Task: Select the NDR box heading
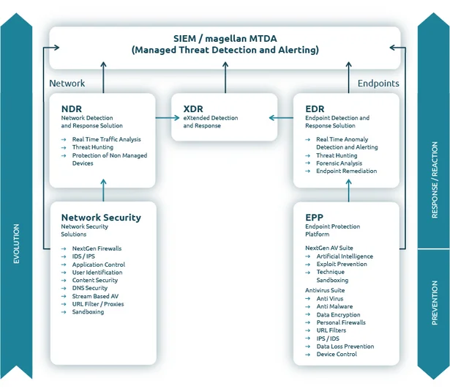click(x=71, y=109)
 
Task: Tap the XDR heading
click(x=192, y=109)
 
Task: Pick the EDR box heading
click(x=315, y=109)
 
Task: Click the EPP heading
click(x=314, y=218)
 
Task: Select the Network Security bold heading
click(x=101, y=218)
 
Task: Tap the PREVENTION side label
click(x=435, y=302)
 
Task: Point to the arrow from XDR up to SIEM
click(x=225, y=77)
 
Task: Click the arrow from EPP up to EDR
click(x=348, y=193)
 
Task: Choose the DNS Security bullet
click(x=89, y=288)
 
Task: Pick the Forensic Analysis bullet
click(x=339, y=163)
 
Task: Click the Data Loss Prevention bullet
click(x=345, y=347)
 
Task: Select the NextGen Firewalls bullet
click(x=97, y=248)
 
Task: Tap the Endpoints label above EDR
click(x=378, y=84)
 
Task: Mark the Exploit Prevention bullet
click(x=341, y=264)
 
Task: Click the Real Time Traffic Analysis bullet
click(x=106, y=139)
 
